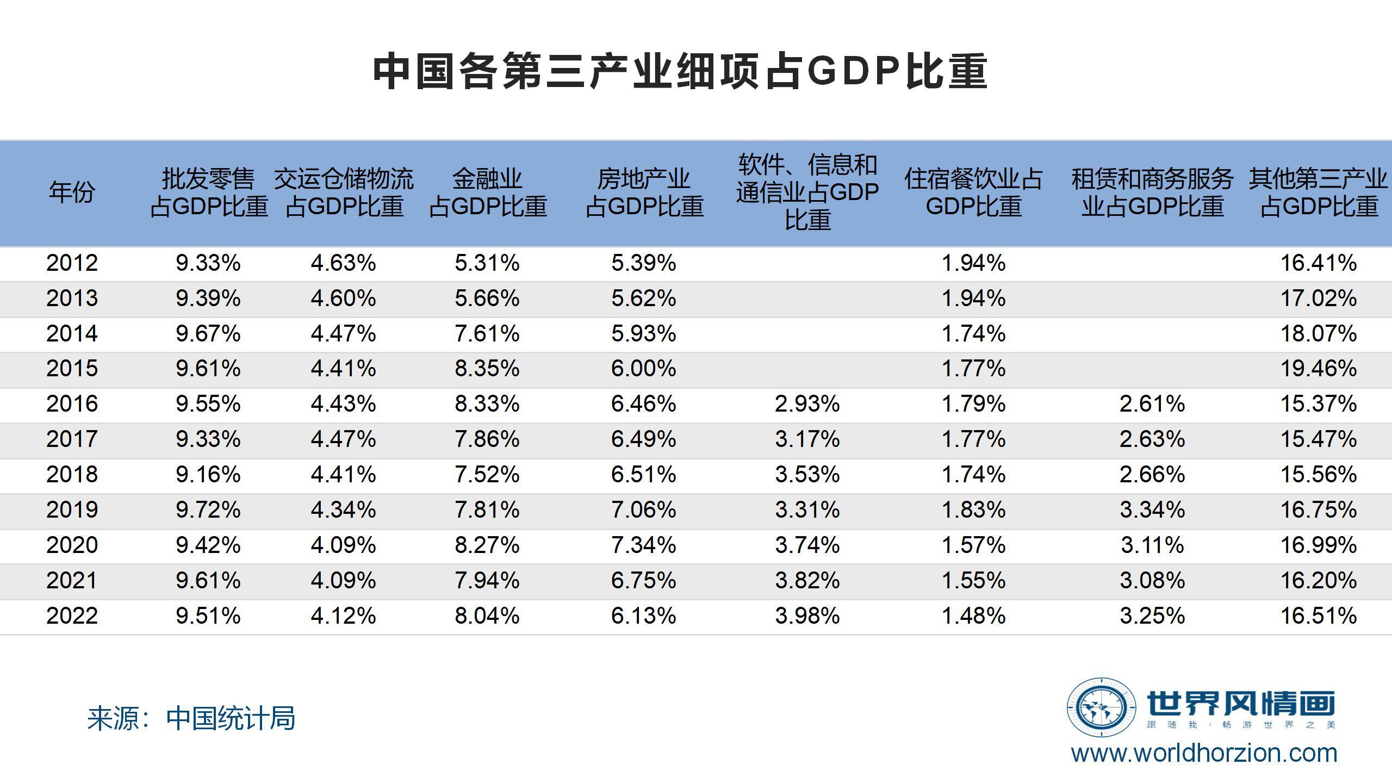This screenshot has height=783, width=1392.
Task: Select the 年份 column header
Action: [72, 192]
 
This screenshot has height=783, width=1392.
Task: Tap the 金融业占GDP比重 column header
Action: [488, 192]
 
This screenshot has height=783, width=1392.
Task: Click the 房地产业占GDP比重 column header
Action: [644, 192]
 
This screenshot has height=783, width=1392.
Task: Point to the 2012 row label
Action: [72, 263]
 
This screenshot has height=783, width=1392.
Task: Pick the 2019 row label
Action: [72, 510]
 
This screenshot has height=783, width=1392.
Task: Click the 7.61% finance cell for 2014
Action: [487, 333]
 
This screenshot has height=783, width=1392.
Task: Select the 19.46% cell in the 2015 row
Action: [1319, 369]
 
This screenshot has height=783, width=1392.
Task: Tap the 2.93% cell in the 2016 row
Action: [807, 404]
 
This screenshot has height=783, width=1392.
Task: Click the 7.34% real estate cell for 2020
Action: [643, 545]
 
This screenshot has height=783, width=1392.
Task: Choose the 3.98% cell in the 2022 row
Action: [807, 616]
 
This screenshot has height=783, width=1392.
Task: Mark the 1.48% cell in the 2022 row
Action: [973, 616]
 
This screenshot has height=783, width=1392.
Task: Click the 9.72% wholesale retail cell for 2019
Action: [208, 510]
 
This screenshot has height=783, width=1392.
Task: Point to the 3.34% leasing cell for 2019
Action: [1152, 510]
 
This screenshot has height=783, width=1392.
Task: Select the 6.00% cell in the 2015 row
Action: [643, 369]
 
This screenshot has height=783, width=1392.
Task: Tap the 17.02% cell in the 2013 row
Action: [1319, 299]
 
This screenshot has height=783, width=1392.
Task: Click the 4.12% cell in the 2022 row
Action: [343, 616]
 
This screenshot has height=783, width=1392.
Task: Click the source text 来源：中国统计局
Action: [191, 718]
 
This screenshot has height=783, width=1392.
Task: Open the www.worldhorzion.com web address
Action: [1204, 754]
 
